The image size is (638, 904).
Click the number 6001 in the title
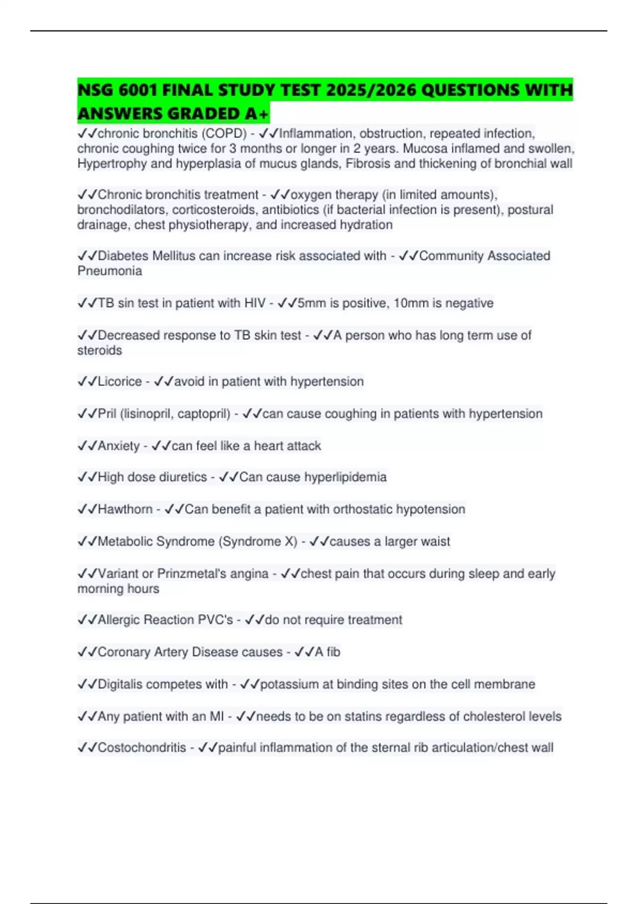pyautogui.click(x=138, y=90)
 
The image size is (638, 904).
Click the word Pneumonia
pyautogui.click(x=110, y=271)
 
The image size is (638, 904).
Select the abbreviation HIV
pyautogui.click(x=255, y=303)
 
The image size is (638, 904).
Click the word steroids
pyautogui.click(x=99, y=350)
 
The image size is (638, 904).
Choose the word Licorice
pyautogui.click(x=120, y=382)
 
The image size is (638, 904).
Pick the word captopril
pyautogui.click(x=204, y=414)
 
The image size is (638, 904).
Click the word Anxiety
pyautogui.click(x=119, y=446)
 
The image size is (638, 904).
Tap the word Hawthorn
pyautogui.click(x=125, y=509)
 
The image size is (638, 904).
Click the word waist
pyautogui.click(x=436, y=541)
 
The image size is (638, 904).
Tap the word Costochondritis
pyautogui.click(x=141, y=748)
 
